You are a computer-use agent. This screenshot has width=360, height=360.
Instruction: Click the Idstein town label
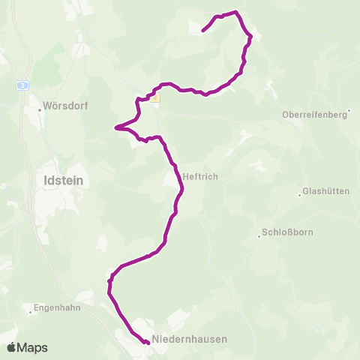(x=58, y=180)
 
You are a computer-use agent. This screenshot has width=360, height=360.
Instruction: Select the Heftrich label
(x=200, y=177)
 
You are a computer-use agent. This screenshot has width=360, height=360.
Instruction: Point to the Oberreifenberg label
(x=316, y=115)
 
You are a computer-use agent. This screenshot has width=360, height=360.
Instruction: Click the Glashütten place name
(x=326, y=191)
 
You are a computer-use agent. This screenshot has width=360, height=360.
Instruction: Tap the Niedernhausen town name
(x=189, y=339)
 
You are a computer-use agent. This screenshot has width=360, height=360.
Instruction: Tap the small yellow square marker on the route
(x=155, y=97)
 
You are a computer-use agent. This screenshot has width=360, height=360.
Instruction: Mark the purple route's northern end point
(x=203, y=31)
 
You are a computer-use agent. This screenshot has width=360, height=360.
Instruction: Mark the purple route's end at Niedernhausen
(x=147, y=343)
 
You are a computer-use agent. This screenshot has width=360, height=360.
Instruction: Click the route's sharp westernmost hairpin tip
(x=115, y=127)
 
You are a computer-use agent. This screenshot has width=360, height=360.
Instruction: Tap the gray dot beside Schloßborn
(x=259, y=232)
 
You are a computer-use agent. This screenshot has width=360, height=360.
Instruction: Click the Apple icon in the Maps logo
(x=11, y=347)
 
